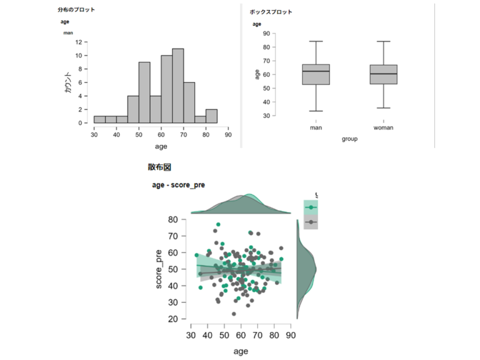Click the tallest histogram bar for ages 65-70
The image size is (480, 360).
(x=178, y=86)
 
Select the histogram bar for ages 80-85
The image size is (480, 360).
(x=212, y=116)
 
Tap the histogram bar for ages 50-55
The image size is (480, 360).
(x=144, y=92)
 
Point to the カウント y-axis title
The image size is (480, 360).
(x=68, y=82)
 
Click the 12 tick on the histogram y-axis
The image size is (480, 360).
(x=79, y=42)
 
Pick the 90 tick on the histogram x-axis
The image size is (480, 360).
(x=229, y=134)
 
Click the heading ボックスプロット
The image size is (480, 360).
(x=271, y=12)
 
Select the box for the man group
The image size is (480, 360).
(x=316, y=74)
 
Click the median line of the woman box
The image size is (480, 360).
(x=383, y=74)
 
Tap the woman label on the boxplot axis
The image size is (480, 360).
(x=383, y=127)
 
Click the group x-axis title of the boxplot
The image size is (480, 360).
(x=349, y=139)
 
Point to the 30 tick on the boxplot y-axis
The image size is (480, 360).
(x=266, y=116)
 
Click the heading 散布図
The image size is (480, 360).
(x=159, y=167)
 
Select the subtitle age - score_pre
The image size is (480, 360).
(x=179, y=185)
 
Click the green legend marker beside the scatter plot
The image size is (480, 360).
(x=311, y=207)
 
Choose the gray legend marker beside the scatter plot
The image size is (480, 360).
(x=311, y=222)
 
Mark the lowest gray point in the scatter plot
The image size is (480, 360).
(x=234, y=314)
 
